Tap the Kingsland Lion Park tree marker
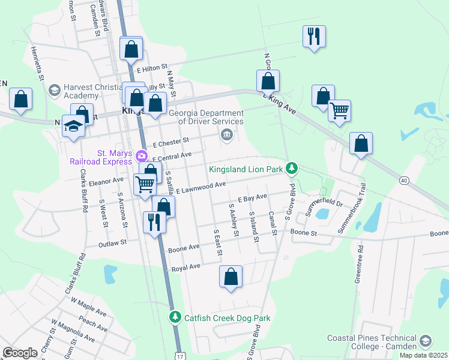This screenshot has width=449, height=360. click(292, 169)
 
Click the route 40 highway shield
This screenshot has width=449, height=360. click(403, 180)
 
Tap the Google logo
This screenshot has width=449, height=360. click(20, 353)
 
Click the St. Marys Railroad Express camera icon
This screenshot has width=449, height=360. click(142, 156)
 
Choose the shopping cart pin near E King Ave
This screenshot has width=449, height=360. click(340, 110)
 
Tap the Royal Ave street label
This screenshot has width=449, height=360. click(185, 267)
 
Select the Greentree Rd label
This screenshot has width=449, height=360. click(358, 263)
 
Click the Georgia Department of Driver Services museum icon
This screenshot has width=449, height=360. click(227, 133)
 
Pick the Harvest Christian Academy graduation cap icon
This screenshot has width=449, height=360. click(54, 90)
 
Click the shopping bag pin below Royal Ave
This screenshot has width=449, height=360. click(231, 277)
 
